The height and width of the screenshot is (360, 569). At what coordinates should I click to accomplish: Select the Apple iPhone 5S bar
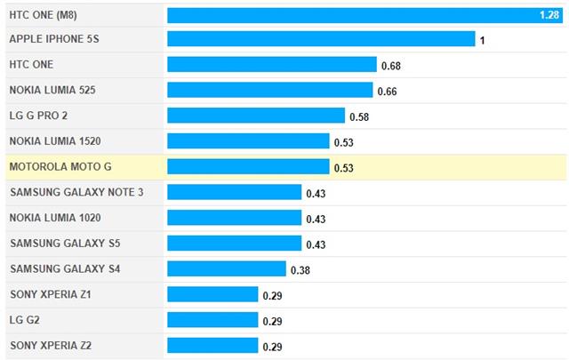click(320, 40)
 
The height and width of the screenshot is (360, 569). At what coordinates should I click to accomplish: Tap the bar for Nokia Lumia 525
click(269, 91)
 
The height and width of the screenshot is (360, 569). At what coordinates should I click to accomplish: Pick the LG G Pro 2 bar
click(255, 116)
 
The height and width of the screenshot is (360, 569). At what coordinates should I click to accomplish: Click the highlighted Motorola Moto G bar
click(248, 167)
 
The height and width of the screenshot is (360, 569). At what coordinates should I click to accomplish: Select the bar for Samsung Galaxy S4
click(226, 268)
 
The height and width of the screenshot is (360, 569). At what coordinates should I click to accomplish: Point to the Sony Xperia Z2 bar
click(212, 345)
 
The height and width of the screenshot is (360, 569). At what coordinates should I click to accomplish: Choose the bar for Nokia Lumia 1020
click(234, 218)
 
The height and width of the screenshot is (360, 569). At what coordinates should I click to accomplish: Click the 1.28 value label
click(549, 15)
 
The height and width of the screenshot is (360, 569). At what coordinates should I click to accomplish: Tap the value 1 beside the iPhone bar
click(482, 41)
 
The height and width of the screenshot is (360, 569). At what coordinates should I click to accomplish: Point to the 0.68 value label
click(391, 66)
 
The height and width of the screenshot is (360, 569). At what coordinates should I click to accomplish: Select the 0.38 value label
click(301, 269)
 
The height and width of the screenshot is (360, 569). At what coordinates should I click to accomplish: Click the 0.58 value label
click(359, 116)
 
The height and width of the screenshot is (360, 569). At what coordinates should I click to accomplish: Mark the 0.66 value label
click(387, 92)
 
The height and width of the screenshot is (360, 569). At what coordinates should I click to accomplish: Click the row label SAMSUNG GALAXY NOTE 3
click(76, 192)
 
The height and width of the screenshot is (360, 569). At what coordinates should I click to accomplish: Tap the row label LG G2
click(26, 319)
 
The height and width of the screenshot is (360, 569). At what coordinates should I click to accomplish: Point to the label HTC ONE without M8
click(30, 65)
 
